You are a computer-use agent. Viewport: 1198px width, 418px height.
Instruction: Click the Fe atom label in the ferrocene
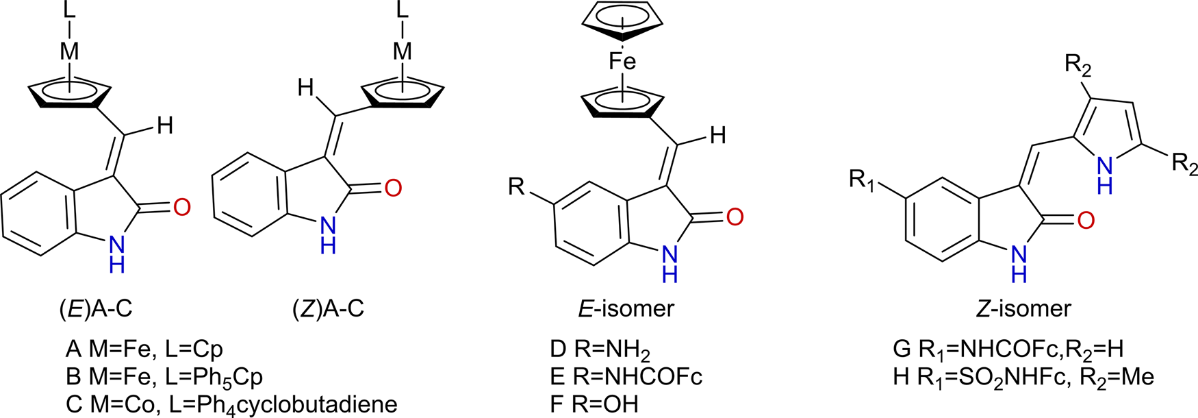click(622, 62)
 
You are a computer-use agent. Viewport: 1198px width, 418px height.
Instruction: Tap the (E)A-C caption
click(95, 308)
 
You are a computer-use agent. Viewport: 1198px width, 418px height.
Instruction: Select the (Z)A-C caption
click(328, 308)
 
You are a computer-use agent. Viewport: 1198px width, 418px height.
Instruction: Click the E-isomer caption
click(625, 308)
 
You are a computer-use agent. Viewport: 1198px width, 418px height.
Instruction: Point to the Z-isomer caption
click(1023, 308)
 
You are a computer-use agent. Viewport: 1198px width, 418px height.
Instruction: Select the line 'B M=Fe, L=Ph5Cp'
click(164, 377)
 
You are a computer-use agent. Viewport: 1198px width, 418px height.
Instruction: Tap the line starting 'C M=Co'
click(231, 404)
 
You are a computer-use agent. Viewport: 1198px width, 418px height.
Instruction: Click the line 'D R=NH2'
click(600, 350)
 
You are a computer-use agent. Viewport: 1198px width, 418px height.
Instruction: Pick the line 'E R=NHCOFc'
click(626, 377)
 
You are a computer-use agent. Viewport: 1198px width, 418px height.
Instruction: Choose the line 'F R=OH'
click(594, 404)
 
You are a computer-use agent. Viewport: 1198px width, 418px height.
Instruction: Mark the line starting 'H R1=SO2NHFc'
click(1023, 377)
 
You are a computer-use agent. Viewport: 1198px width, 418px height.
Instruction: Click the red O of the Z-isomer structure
click(1086, 220)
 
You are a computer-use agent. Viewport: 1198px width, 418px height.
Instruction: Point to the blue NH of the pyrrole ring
click(1104, 173)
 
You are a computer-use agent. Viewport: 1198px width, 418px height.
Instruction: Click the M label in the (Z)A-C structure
click(403, 51)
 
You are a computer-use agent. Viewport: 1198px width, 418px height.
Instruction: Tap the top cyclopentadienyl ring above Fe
click(622, 24)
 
